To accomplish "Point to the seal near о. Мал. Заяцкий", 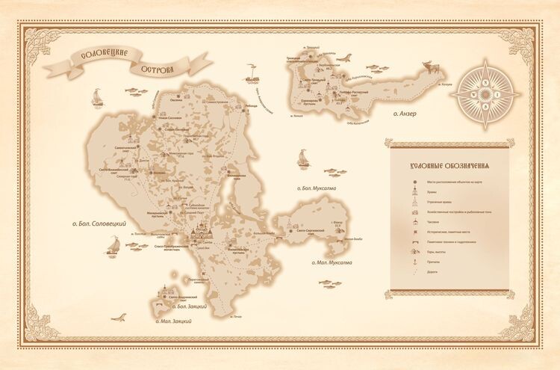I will [119, 317].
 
